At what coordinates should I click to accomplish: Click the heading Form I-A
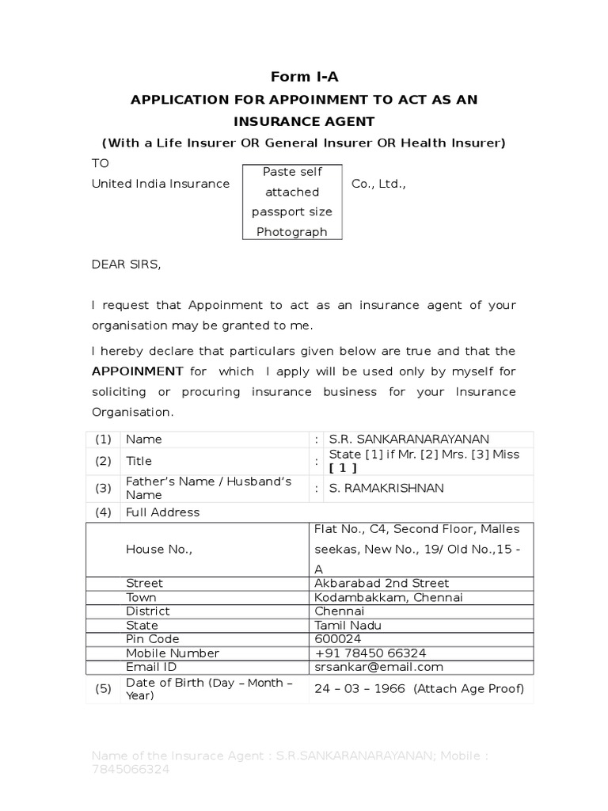click(304, 77)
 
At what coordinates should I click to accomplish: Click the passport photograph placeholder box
click(291, 202)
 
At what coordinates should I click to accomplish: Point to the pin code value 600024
click(336, 638)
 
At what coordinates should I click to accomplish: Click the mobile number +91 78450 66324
click(370, 653)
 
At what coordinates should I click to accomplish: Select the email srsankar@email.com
click(378, 667)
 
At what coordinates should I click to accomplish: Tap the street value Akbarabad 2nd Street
click(382, 583)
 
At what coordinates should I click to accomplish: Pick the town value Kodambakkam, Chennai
click(388, 597)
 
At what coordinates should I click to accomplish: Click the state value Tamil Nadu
click(348, 625)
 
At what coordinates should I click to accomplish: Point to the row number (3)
click(104, 488)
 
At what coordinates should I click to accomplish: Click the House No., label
click(158, 548)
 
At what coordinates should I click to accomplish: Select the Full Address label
click(163, 512)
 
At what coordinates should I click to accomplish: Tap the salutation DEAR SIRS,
click(126, 265)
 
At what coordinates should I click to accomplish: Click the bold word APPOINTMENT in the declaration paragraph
click(138, 371)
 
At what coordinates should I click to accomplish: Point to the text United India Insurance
click(161, 184)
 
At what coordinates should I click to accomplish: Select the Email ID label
click(153, 667)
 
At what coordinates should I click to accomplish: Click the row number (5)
click(104, 688)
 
